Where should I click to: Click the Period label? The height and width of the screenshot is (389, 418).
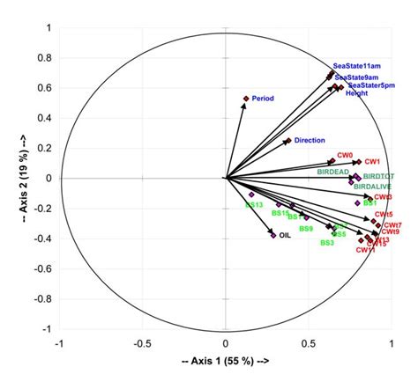(264, 99)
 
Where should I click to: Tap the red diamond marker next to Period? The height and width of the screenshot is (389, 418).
(246, 99)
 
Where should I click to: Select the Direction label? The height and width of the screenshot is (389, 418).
(310, 140)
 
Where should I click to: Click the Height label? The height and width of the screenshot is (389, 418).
(357, 92)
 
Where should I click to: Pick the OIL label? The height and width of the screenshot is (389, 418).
(285, 235)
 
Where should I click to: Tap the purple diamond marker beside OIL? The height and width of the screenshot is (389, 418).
(273, 235)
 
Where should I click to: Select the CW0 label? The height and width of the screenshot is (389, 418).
(345, 155)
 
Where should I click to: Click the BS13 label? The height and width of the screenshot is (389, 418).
(254, 205)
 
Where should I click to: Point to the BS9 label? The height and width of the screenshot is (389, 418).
(306, 229)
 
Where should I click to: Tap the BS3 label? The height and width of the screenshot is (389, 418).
(327, 242)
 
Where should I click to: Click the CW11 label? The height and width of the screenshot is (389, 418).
(365, 251)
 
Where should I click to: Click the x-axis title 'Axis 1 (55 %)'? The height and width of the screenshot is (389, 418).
(225, 362)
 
